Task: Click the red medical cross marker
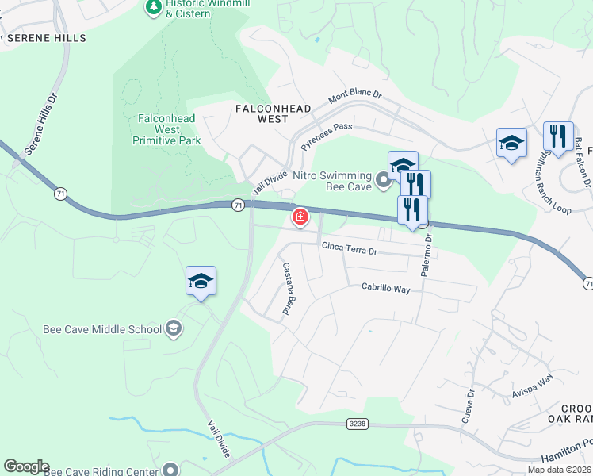point(300,217)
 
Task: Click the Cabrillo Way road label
point(386,289)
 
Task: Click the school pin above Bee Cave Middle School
point(201,282)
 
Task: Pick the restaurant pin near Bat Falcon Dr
point(558,136)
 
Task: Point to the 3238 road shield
point(358,424)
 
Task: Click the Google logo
point(26,466)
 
